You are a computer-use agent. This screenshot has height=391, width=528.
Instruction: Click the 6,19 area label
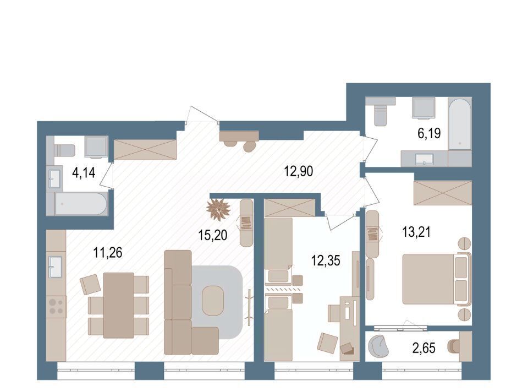(429, 133)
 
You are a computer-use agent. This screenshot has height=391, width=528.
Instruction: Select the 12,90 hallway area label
(299, 171)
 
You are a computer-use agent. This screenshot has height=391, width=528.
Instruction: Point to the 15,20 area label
(213, 235)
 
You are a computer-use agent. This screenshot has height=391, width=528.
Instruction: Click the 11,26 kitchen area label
(108, 252)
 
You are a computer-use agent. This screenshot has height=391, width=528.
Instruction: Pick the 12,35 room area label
(326, 260)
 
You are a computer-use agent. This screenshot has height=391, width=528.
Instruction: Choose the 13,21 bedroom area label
(416, 232)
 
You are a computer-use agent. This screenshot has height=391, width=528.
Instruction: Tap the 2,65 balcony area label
(424, 348)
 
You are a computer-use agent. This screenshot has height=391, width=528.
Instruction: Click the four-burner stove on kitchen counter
(56, 306)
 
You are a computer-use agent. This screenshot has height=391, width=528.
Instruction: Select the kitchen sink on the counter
(55, 267)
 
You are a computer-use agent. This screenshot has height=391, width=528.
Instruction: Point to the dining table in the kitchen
(119, 305)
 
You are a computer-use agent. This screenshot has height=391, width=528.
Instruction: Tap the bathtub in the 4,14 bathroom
(81, 204)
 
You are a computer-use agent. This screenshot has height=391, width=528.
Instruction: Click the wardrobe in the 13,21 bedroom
(442, 192)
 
